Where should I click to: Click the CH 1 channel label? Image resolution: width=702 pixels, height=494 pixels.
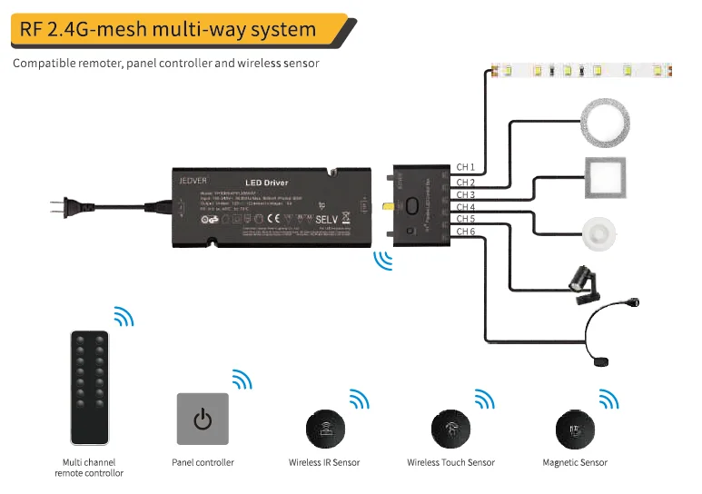465,167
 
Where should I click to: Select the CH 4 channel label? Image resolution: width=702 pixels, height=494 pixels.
465,207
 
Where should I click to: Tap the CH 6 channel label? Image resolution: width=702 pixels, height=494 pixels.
465,232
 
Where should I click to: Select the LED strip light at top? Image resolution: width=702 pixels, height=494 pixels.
586,70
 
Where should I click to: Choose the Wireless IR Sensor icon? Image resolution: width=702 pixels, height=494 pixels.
324,428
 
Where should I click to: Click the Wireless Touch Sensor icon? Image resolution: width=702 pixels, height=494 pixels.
450,428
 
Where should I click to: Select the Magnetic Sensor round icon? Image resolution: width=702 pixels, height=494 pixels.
574,428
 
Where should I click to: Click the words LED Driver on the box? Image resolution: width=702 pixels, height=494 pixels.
266,183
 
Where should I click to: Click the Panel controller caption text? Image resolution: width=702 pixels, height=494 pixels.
203,463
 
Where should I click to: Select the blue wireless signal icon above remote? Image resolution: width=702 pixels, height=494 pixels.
123,317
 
